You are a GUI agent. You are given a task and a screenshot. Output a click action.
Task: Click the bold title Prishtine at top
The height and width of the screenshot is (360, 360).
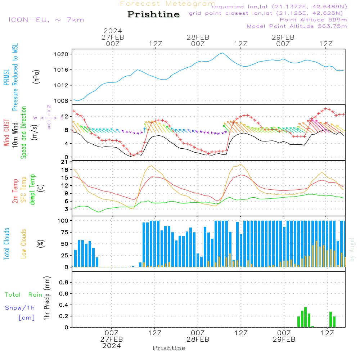(153, 14)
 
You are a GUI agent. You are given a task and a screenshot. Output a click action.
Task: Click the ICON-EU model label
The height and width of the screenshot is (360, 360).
(46, 20)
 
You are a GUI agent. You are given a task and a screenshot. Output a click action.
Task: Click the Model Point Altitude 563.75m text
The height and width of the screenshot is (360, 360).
(297, 26)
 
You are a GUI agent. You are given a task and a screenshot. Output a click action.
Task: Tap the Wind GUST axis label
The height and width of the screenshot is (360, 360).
(6, 133)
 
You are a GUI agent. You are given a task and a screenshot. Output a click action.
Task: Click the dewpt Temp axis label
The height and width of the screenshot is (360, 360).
(33, 190)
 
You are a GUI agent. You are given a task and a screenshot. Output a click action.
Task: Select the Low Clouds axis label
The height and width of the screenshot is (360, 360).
(24, 244)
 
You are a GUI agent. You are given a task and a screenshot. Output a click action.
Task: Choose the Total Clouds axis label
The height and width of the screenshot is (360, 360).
(6, 244)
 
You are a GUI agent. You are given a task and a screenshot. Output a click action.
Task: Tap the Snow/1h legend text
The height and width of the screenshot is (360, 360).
(20, 308)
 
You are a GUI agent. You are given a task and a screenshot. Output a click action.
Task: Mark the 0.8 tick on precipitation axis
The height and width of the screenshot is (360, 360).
(63, 282)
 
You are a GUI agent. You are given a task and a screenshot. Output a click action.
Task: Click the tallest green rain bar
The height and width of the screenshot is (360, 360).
(305, 317)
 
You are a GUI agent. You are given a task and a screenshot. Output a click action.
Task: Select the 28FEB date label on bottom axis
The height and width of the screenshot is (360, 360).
(198, 339)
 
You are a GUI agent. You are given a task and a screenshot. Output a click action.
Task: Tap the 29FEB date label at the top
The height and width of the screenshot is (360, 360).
(283, 37)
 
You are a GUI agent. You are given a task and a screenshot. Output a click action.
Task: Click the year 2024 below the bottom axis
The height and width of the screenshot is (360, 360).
(112, 346)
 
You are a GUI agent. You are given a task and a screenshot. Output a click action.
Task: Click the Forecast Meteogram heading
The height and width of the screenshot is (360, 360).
(168, 4)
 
